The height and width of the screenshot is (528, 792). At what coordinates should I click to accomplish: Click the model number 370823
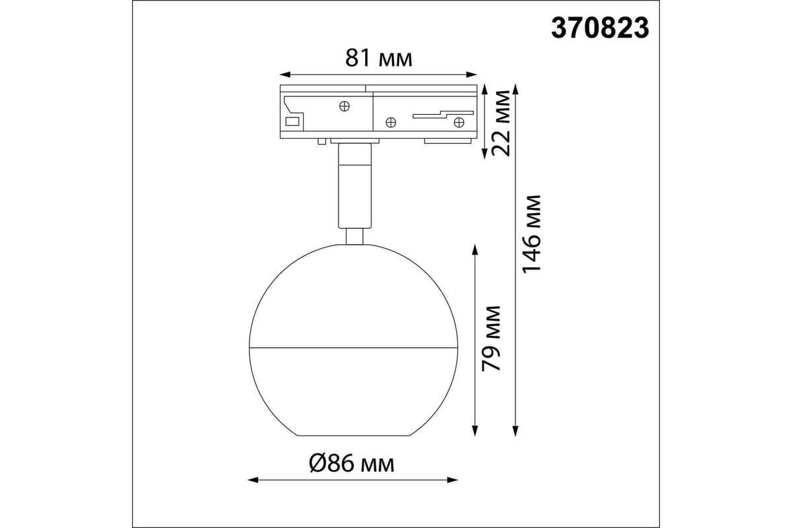tap(600, 29)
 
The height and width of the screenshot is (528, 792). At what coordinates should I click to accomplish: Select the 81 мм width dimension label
tap(379, 59)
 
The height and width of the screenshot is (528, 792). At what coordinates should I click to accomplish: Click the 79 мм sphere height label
tap(492, 338)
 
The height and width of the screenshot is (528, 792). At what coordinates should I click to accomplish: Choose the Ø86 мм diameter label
tap(352, 463)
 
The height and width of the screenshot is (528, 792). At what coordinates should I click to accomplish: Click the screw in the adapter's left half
tap(345, 106)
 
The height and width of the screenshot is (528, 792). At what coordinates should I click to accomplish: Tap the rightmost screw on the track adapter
tap(458, 121)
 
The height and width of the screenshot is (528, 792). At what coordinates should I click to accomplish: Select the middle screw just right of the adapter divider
tap(390, 121)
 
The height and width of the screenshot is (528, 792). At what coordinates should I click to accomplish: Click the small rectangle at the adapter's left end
tap(292, 121)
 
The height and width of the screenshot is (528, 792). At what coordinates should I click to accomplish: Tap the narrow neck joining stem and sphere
tap(354, 236)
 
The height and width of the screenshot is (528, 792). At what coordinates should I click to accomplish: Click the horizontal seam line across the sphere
tap(353, 346)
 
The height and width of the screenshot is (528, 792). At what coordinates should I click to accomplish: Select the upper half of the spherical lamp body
tap(353, 297)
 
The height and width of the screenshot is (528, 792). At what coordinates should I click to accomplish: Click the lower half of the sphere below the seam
tap(353, 389)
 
